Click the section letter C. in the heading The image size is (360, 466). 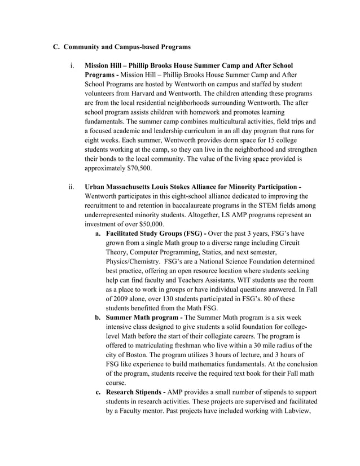pyautogui.click(x=56, y=46)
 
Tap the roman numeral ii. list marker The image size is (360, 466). pyautogui.click(x=72, y=187)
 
